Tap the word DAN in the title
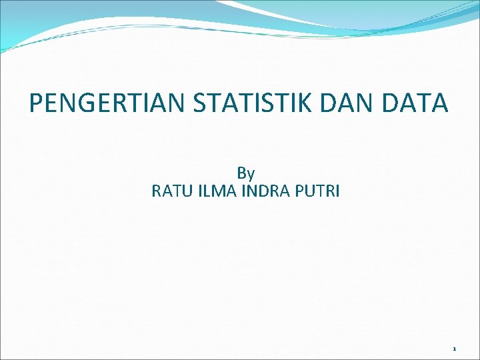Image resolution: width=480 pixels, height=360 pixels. pos(351,103)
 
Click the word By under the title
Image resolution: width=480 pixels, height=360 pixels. pos(246,174)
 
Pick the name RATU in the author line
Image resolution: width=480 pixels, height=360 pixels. pos(169,192)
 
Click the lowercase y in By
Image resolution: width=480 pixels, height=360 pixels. pos(251,175)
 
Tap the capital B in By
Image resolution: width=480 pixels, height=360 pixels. pos(241,174)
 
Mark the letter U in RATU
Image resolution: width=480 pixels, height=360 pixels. pos(182,192)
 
